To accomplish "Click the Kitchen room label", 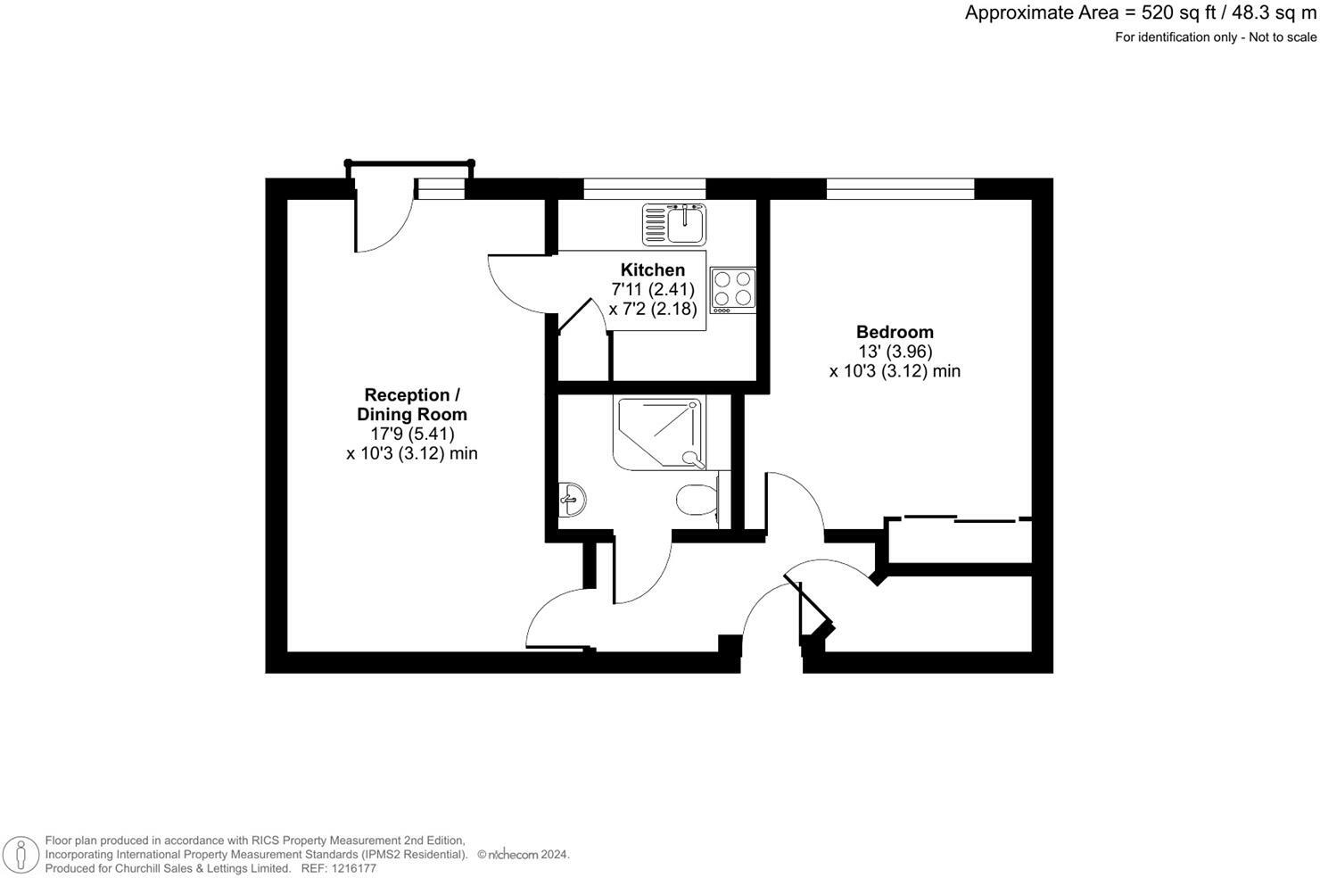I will tap(653, 269).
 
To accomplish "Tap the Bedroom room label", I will tap(895, 332).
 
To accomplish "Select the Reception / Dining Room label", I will tap(412, 404).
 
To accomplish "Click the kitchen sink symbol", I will tap(674, 224).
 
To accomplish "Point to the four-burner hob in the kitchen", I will tap(732, 290).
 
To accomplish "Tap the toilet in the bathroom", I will tap(697, 500).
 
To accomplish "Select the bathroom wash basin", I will tap(572, 500).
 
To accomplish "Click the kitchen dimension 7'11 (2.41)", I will tap(653, 289).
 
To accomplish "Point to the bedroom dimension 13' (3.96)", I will tap(895, 352).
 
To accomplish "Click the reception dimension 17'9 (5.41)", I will tap(412, 434).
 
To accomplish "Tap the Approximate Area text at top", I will tap(1140, 13).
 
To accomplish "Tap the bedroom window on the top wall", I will tap(900, 188).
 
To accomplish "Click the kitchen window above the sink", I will tap(644, 188).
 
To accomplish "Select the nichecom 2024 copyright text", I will tap(524, 855).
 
